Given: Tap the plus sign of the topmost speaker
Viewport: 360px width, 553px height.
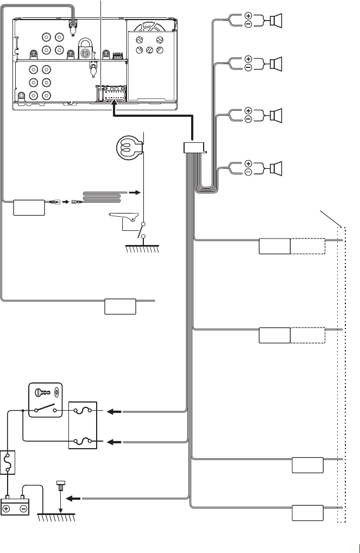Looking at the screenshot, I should point(248,16).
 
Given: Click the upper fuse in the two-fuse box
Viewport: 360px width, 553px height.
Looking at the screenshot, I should point(83,412).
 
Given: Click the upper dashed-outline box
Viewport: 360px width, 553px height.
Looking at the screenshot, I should point(308,246).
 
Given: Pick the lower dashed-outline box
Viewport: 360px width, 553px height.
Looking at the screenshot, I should point(308,336).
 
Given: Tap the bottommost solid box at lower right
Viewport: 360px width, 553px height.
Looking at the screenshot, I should point(308,513).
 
